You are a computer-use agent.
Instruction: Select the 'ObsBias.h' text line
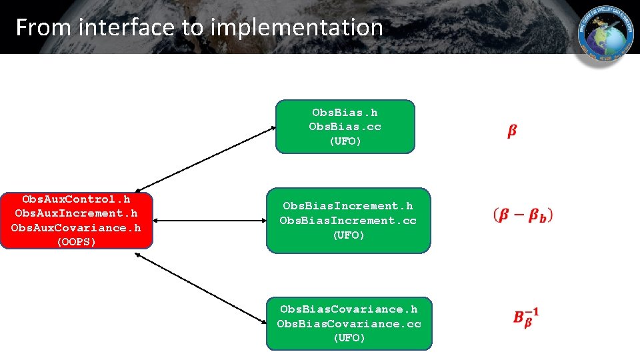pos(345,113)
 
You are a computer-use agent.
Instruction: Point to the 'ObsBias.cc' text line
pos(345,127)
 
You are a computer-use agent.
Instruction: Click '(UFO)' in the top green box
pos(345,141)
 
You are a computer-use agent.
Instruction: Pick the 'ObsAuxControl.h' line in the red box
pos(76,199)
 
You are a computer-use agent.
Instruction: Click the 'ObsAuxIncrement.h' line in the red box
pos(76,213)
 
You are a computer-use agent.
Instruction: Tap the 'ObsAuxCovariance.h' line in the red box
pos(76,227)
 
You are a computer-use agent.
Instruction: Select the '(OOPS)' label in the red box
pos(76,241)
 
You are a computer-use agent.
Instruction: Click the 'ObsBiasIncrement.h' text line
pos(347,206)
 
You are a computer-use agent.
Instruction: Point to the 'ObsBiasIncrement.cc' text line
pos(347,220)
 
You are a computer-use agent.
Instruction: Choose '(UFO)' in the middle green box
pos(347,235)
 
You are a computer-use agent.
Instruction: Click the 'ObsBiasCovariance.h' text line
pos(349,309)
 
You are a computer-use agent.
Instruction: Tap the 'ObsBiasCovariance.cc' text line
pos(349,323)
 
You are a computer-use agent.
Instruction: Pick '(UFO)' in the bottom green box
pos(349,338)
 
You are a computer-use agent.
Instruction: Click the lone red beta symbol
pos(511,131)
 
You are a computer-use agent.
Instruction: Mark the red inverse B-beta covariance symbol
pos(525,316)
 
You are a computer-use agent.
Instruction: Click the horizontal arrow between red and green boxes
pos(209,221)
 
